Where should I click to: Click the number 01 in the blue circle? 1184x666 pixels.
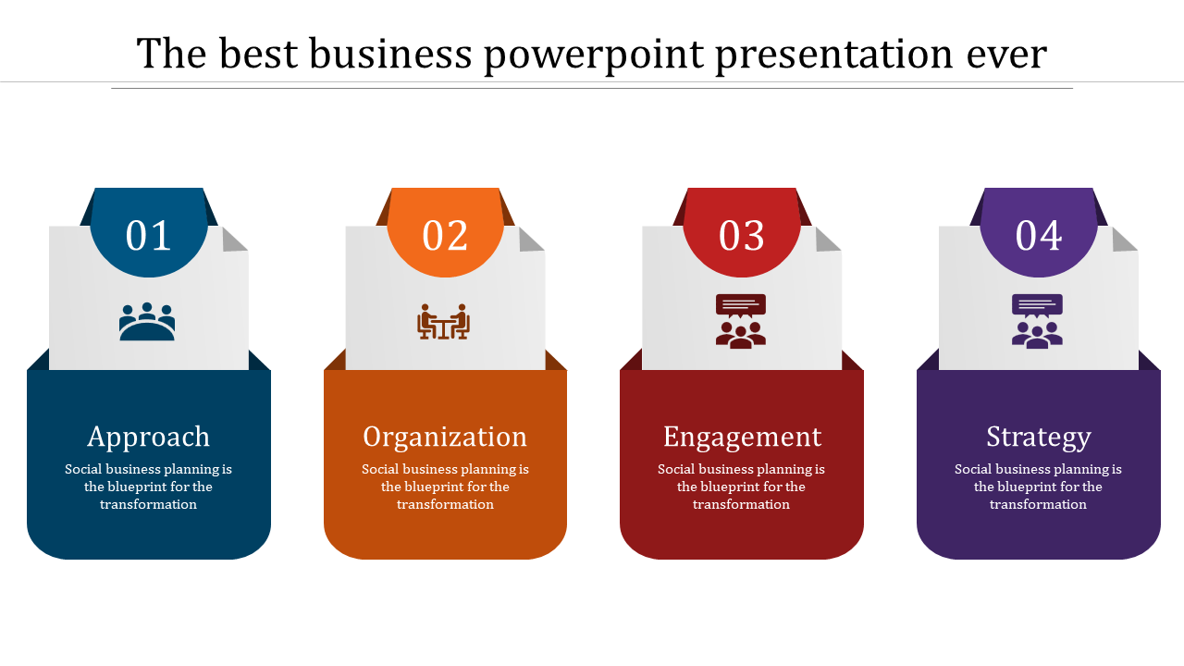pyautogui.click(x=148, y=235)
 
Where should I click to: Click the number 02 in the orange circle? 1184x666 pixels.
pyautogui.click(x=445, y=235)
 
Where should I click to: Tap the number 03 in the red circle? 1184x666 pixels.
pyautogui.click(x=741, y=235)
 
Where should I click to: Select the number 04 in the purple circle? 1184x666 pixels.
pyautogui.click(x=1038, y=235)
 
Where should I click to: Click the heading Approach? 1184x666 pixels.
pyautogui.click(x=149, y=438)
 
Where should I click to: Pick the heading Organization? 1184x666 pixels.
pyautogui.click(x=445, y=438)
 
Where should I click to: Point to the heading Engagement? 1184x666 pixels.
pyautogui.click(x=742, y=438)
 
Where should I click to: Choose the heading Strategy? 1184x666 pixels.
pyautogui.click(x=1039, y=438)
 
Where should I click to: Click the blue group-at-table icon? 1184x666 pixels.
pyautogui.click(x=147, y=321)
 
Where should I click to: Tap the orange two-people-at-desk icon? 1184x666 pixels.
pyautogui.click(x=443, y=321)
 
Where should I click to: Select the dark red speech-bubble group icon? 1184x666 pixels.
pyautogui.click(x=741, y=321)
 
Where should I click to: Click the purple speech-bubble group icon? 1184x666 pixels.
pyautogui.click(x=1037, y=321)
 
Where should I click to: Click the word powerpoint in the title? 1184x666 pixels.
pyautogui.click(x=594, y=55)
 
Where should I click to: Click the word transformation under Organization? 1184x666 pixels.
pyautogui.click(x=445, y=504)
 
